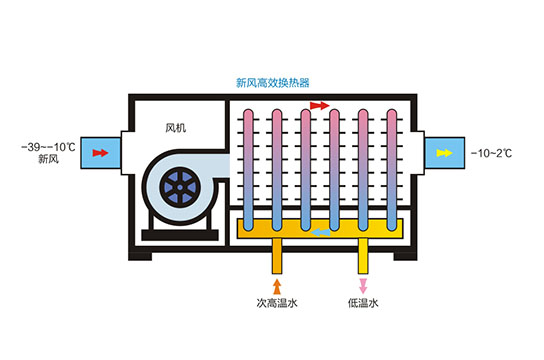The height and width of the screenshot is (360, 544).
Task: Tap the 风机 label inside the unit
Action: tap(176, 127)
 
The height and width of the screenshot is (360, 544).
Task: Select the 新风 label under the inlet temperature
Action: tap(49, 159)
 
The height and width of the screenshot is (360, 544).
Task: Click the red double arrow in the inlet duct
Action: tap(99, 153)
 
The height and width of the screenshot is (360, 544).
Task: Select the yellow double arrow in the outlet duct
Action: tap(444, 153)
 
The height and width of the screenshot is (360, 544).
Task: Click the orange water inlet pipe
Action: tap(277, 256)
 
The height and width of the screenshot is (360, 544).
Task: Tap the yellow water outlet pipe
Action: tap(363, 256)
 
